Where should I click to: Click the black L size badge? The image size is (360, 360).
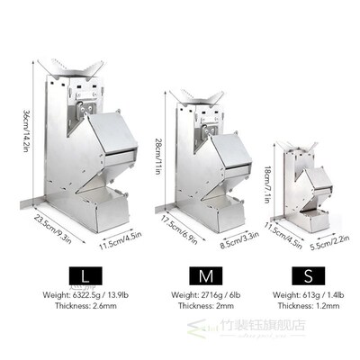84,274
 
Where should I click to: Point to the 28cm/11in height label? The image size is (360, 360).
159,151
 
